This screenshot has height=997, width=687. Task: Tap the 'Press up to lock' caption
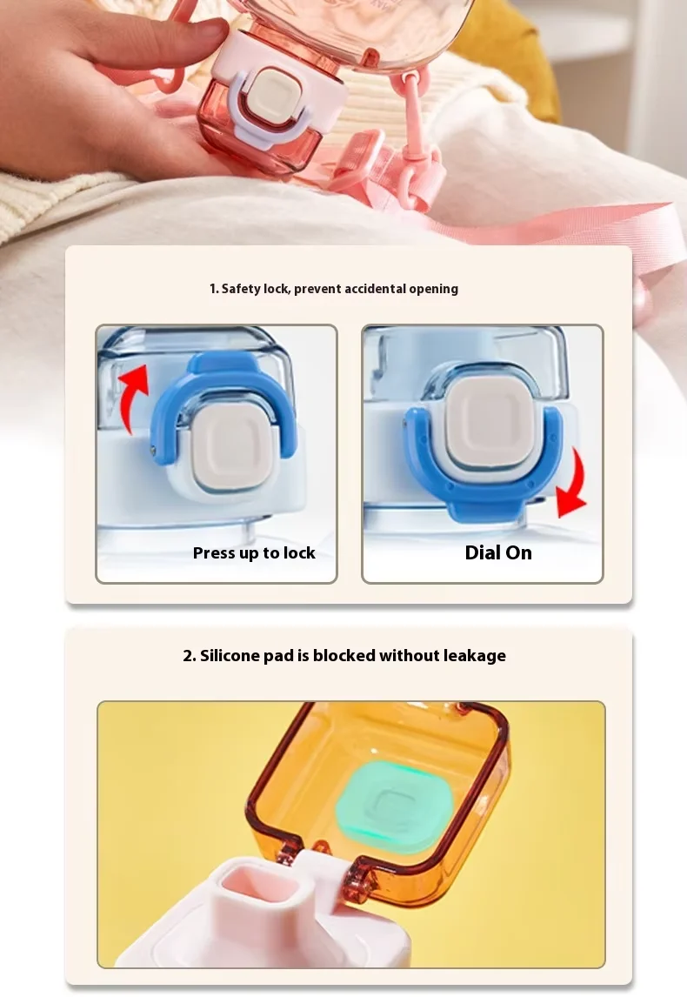(x=254, y=553)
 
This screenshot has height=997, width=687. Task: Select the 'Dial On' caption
(x=498, y=552)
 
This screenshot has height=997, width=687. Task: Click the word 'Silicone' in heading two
(x=230, y=656)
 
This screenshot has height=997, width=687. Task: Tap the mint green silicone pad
(x=391, y=806)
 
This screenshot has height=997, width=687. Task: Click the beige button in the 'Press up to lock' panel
(x=228, y=449)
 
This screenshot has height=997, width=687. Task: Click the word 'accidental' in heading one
(x=375, y=289)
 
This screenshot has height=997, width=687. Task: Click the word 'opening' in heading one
(x=434, y=289)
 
